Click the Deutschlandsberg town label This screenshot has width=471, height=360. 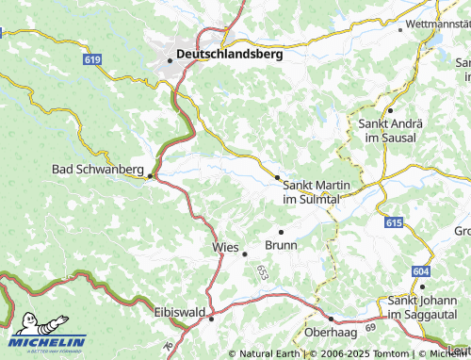pos(231,55)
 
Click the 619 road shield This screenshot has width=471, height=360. pos(91,59)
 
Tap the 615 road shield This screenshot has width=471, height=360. pos(394,222)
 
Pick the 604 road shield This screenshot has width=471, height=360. pos(420,271)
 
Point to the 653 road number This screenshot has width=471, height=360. pos(261,270)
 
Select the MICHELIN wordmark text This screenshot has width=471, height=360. pos(48,342)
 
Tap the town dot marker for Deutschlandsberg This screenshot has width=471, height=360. pos(171,59)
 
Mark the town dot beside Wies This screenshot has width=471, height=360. pos(244,253)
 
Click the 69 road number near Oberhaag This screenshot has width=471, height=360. pos(370,325)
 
